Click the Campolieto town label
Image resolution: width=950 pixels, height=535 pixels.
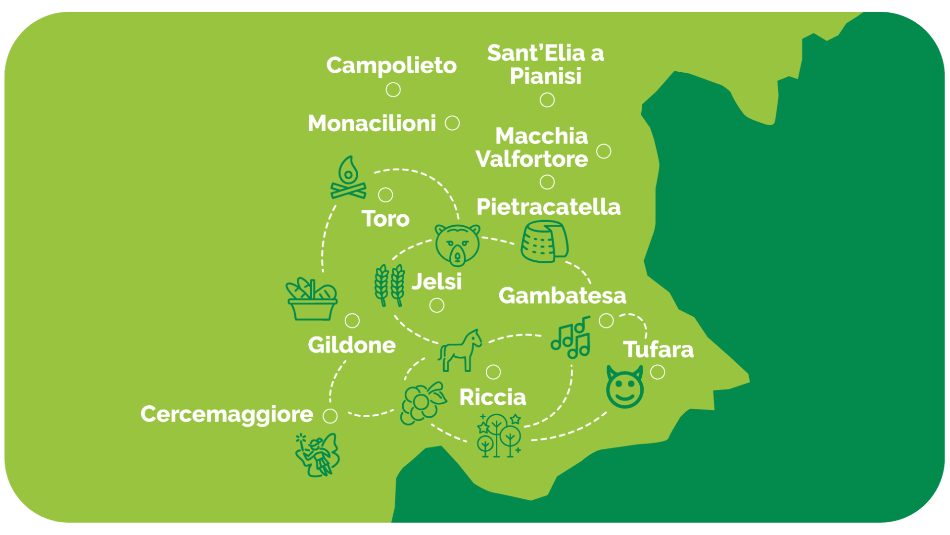(391, 66)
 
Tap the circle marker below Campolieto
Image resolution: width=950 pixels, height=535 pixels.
(393, 90)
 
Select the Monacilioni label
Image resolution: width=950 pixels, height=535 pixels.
(372, 124)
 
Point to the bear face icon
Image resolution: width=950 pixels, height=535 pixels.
(457, 244)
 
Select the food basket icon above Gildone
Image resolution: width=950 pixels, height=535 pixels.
(312, 299)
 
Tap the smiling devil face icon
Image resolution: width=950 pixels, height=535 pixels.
(625, 387)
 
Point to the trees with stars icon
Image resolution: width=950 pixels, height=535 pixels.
(499, 436)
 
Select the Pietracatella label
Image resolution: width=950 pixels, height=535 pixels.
(548, 207)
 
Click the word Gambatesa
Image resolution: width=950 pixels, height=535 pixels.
(562, 295)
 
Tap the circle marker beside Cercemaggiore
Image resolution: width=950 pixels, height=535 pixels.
(330, 416)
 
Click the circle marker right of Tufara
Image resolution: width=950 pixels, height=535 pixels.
(658, 372)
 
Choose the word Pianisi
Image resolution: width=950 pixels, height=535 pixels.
(546, 77)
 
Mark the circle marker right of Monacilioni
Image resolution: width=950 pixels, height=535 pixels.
(452, 123)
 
